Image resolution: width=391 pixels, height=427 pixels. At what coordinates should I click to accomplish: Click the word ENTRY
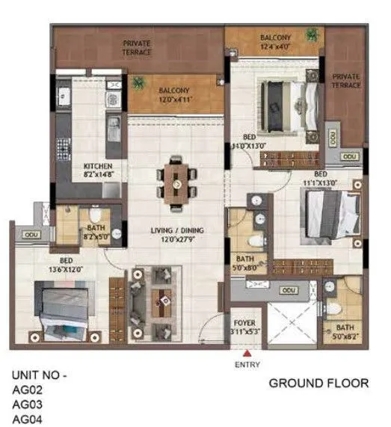coord(247,366)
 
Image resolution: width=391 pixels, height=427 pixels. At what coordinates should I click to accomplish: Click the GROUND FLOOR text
coord(318,383)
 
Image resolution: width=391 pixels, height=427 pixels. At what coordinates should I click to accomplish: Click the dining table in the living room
coord(177,182)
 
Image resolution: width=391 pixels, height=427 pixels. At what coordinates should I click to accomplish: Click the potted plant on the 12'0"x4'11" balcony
coord(137,84)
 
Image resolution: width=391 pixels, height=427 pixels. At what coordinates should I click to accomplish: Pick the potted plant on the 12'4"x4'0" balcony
coord(311,34)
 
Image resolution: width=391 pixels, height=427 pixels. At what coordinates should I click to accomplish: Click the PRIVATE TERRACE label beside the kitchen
coord(138,48)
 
